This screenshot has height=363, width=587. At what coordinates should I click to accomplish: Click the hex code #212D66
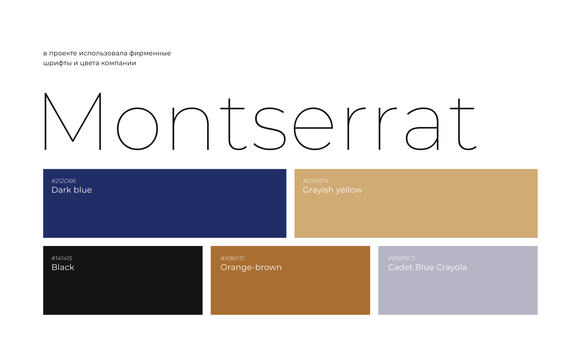point(64,181)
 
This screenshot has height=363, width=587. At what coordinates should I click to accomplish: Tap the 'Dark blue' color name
point(72,190)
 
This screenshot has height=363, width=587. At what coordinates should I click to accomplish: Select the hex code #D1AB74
point(316,181)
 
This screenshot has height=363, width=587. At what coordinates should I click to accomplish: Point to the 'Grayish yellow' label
point(332,190)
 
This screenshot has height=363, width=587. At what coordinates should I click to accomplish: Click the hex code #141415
point(62,258)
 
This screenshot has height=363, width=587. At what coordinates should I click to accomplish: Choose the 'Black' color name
point(63,267)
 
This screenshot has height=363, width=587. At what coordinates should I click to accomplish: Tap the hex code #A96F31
point(232,258)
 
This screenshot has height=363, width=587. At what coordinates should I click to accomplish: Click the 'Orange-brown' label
point(251,267)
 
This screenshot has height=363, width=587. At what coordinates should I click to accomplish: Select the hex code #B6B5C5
point(401,258)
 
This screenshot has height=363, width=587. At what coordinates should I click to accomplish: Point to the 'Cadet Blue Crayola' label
point(427,267)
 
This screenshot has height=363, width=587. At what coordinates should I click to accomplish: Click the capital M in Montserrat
point(73,121)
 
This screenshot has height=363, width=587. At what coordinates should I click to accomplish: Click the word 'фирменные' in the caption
point(150,53)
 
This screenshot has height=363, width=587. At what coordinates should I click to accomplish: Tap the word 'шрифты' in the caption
point(57,63)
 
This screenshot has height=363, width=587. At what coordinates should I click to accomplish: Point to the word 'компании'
point(118,63)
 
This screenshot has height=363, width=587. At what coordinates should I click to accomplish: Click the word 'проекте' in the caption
point(63,53)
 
